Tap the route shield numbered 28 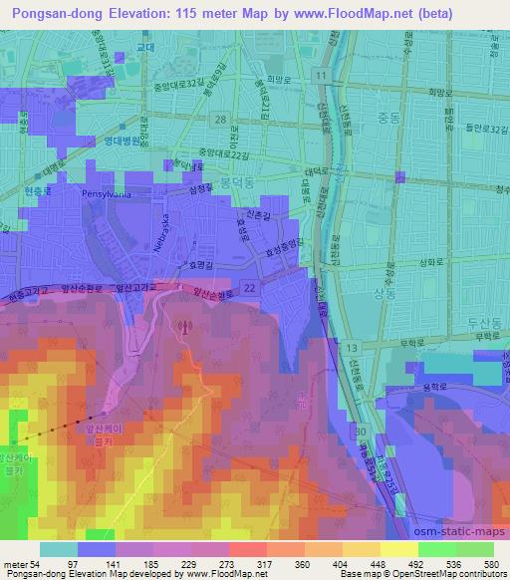coord(219,120)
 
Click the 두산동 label coord(480,324)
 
